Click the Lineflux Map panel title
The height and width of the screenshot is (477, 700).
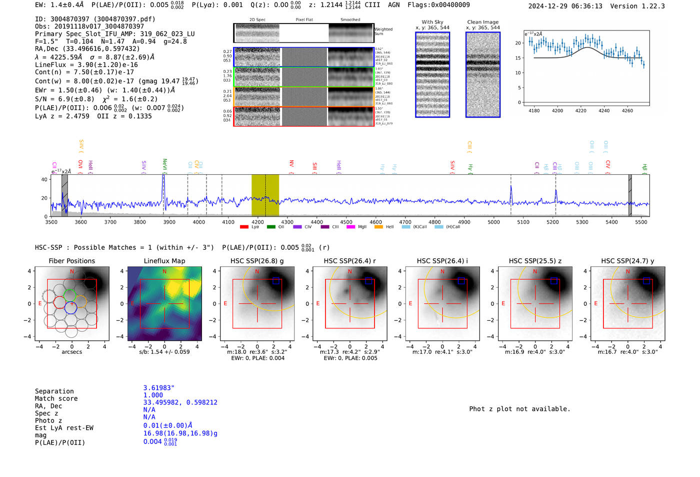(x=164, y=261)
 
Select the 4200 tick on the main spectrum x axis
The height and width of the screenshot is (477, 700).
(x=257, y=222)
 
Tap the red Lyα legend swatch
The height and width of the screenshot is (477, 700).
(x=244, y=227)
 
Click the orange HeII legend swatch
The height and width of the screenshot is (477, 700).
(x=378, y=227)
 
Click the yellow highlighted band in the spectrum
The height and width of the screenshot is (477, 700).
(x=265, y=195)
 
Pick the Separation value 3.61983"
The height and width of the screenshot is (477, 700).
(x=158, y=388)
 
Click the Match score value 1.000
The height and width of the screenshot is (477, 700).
(x=153, y=395)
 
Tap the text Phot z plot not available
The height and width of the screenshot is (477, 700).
(x=519, y=409)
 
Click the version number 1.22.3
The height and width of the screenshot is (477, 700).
(x=652, y=6)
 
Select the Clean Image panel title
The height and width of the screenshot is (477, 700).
(x=482, y=22)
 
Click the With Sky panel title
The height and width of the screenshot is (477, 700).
(x=432, y=22)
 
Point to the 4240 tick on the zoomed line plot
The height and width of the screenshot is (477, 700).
(x=604, y=111)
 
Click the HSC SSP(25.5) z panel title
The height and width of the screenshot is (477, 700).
(x=535, y=261)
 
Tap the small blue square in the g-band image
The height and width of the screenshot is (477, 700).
(x=276, y=281)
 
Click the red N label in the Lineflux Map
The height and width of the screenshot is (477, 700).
(x=164, y=272)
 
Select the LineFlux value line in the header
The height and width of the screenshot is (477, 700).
(x=86, y=65)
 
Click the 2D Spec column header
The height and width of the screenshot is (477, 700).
(x=257, y=20)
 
